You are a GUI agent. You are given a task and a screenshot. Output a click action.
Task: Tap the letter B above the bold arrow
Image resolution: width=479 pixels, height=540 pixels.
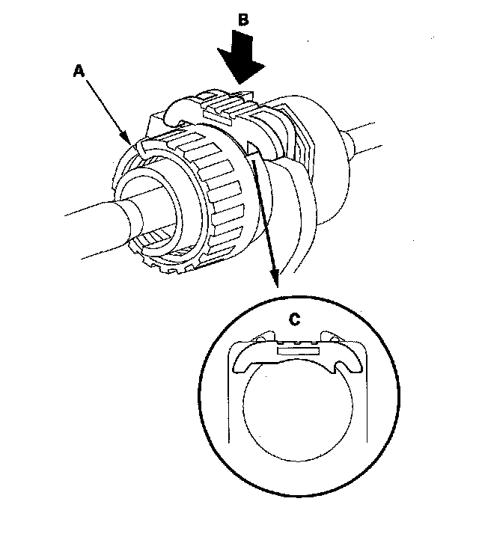[242, 21]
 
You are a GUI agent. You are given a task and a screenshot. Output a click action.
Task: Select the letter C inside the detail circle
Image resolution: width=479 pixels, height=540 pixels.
[295, 319]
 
